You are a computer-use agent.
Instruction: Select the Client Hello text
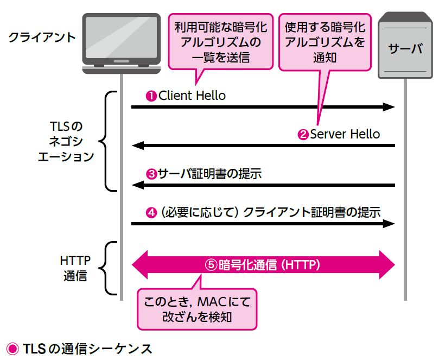coord(192,96)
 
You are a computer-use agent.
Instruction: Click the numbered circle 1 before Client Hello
coord(151,96)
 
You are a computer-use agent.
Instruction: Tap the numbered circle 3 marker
coord(151,174)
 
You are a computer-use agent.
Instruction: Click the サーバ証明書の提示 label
coord(210,174)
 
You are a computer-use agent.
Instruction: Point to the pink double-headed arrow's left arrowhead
coord(142,265)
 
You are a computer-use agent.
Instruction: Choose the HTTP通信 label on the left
coord(75,268)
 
